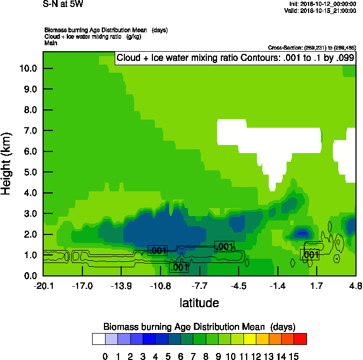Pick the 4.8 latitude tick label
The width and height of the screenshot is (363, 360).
(355, 286)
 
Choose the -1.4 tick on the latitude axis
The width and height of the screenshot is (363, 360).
(277, 286)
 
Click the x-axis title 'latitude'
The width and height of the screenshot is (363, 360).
(199, 303)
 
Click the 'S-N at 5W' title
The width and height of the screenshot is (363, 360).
(63, 5)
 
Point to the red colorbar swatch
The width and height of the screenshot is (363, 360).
(301, 339)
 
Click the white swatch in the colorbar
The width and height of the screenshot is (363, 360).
(99, 339)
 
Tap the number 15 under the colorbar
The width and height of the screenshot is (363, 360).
(294, 356)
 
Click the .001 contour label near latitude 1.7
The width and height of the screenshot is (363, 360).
(310, 254)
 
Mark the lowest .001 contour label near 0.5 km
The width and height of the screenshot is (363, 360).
(179, 267)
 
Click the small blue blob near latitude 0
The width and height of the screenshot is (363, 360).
(302, 233)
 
